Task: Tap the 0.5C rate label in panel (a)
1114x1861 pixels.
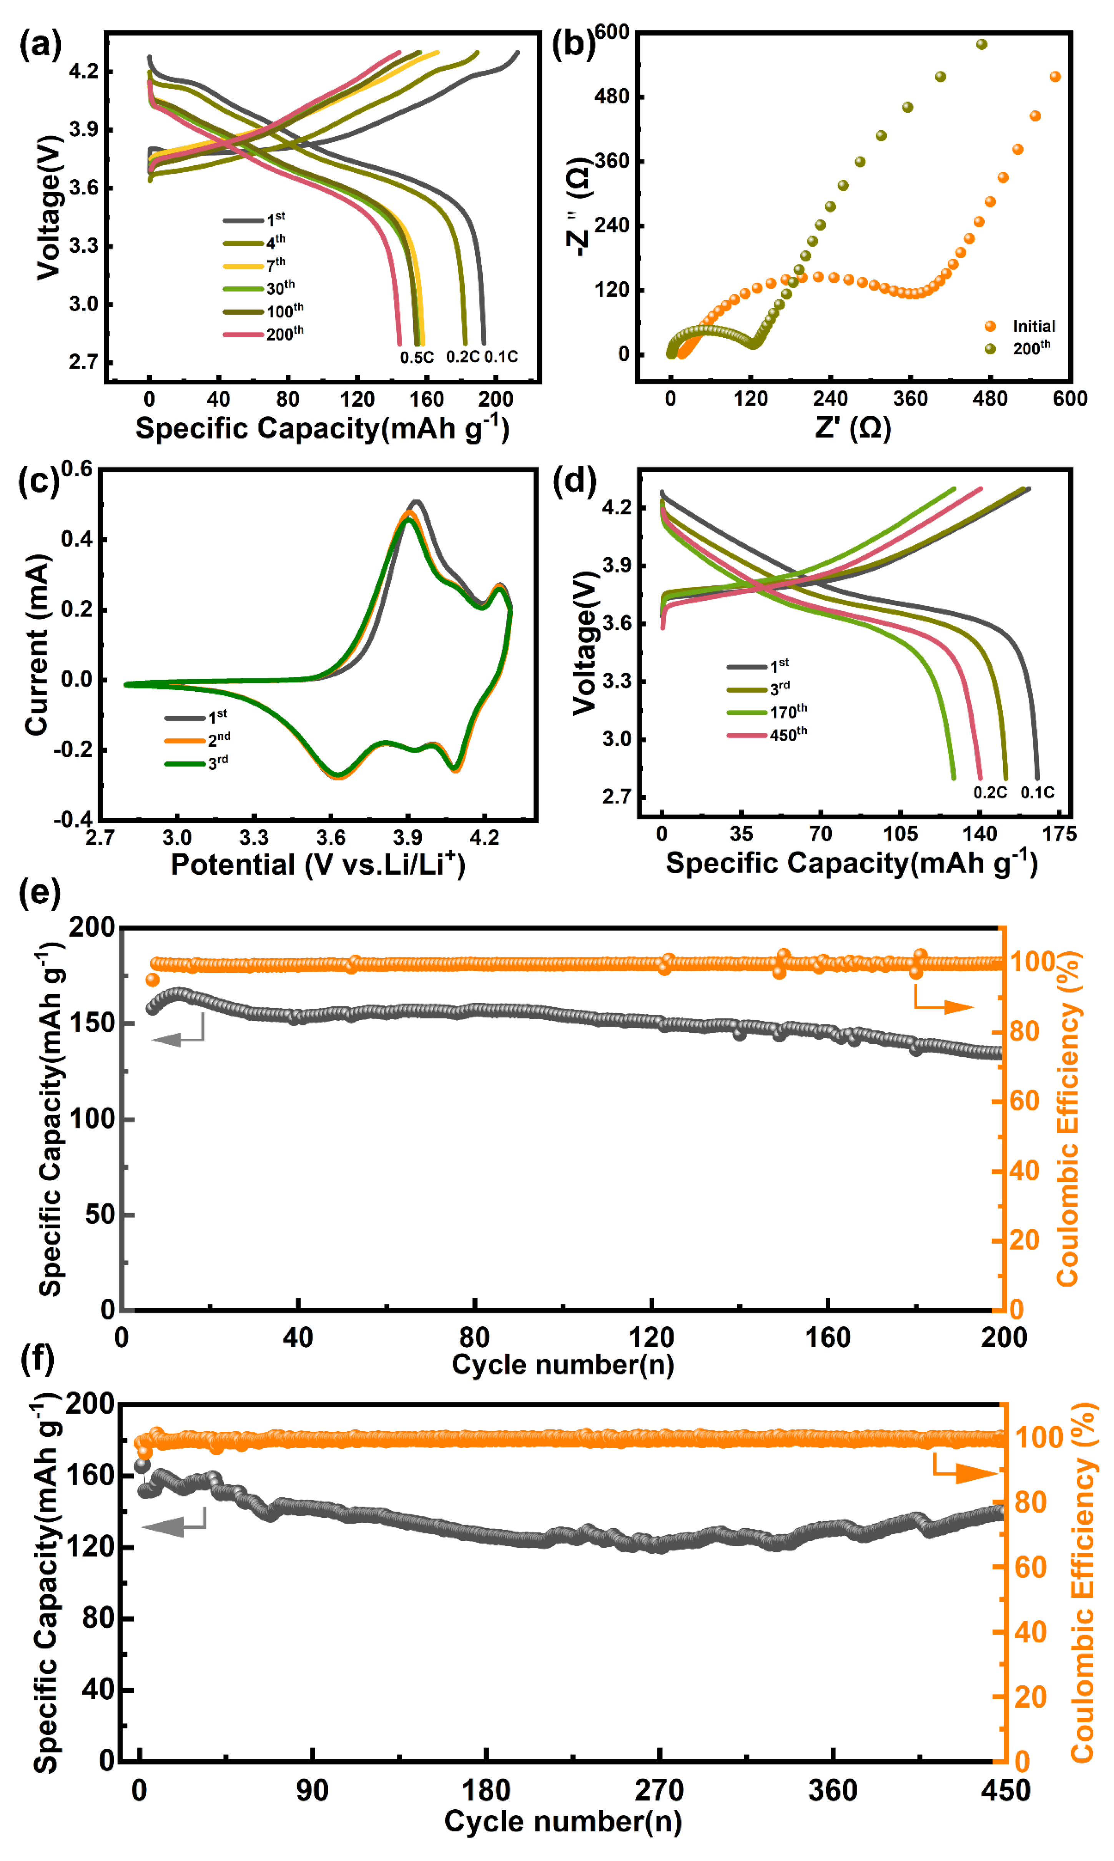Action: tap(417, 357)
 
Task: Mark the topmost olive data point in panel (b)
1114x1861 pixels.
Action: tap(981, 44)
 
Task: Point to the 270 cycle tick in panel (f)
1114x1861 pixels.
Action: tap(659, 1790)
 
